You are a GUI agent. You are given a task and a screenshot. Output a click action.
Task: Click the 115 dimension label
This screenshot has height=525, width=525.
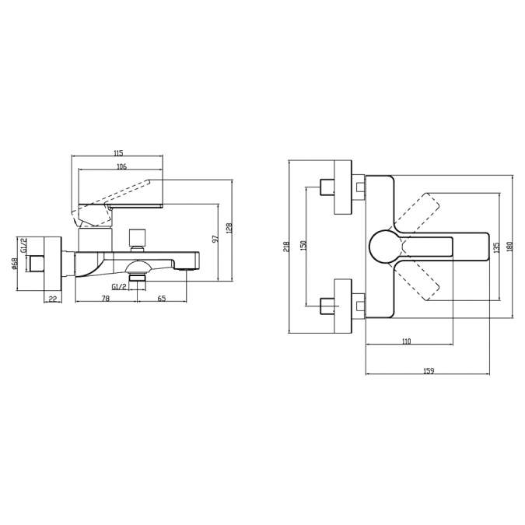[118, 153]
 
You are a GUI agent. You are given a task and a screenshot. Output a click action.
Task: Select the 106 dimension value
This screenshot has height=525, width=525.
[122, 166]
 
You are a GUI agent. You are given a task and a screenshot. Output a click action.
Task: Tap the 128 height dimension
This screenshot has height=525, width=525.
[229, 229]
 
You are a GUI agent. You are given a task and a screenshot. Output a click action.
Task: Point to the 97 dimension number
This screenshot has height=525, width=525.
[215, 239]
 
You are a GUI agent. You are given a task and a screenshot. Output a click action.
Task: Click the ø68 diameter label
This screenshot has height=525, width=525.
[15, 264]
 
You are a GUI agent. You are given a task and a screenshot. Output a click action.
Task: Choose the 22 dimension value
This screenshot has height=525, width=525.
[53, 299]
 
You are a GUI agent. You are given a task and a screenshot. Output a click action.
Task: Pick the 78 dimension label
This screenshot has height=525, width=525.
[106, 299]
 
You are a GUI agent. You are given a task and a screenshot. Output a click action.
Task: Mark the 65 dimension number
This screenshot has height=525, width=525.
[162, 299]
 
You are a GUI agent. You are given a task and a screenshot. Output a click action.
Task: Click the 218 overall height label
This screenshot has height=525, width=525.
[286, 247]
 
